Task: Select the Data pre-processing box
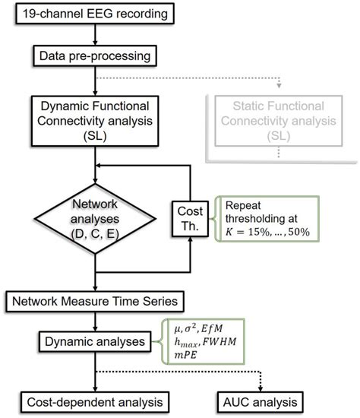click(x=94, y=55)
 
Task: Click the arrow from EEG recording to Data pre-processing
click(x=94, y=34)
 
